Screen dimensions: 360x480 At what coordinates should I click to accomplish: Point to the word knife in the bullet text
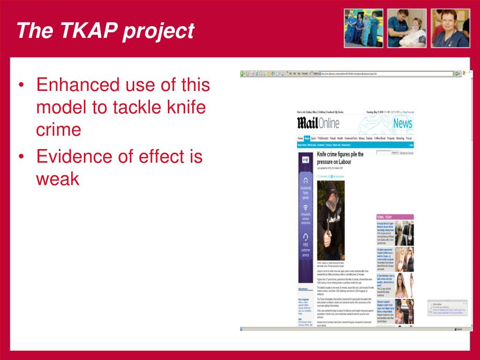coord(185,107)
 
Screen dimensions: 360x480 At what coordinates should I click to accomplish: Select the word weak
coord(58,179)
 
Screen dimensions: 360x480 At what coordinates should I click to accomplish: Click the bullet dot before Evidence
coord(22,157)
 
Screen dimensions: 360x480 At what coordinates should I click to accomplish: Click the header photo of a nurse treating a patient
coord(406,28)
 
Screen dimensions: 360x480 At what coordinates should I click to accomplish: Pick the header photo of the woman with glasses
coord(450,28)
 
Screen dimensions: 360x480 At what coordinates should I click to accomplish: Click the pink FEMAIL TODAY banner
coord(395,217)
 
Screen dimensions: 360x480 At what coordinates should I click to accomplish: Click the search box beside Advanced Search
coord(383,153)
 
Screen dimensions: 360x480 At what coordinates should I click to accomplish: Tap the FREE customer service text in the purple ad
coord(305,250)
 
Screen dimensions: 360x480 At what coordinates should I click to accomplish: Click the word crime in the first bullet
coord(59,129)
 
